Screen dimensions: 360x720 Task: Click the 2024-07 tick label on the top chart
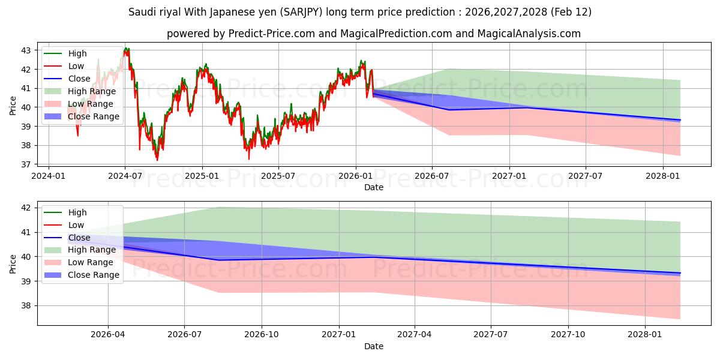click(125, 176)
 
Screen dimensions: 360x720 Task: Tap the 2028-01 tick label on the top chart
click(663, 176)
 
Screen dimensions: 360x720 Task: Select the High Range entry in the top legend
click(92, 91)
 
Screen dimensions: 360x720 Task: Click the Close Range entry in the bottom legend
click(94, 275)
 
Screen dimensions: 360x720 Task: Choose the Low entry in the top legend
click(76, 66)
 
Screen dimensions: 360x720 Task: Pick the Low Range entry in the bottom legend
click(91, 262)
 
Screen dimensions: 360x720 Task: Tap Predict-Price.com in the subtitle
click(271, 34)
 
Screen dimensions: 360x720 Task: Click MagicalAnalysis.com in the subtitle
click(529, 34)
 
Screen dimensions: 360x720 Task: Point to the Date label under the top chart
click(373, 187)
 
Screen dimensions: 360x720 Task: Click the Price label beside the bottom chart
click(13, 263)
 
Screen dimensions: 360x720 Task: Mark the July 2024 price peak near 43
click(125, 50)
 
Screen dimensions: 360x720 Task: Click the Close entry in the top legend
click(79, 79)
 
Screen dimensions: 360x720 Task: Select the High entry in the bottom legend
click(77, 212)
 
